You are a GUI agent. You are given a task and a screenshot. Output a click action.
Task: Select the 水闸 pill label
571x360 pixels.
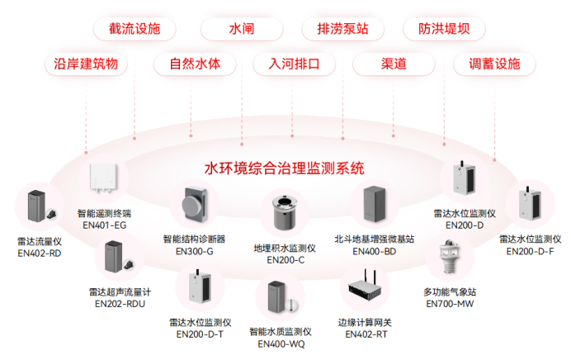pyautogui.click(x=241, y=29)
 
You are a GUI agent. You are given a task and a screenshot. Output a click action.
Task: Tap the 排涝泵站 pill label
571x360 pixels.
pyautogui.click(x=342, y=29)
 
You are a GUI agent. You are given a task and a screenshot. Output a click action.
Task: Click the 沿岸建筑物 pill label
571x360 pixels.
pyautogui.click(x=86, y=64)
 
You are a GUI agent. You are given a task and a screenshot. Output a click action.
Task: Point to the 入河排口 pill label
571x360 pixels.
pyautogui.click(x=293, y=64)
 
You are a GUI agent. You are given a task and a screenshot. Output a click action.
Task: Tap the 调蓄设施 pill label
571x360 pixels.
pyautogui.click(x=494, y=64)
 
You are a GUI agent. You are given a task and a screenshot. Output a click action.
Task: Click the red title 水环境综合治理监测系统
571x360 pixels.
pyautogui.click(x=284, y=168)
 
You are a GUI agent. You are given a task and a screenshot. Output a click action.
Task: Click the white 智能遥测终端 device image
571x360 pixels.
pyautogui.click(x=105, y=177)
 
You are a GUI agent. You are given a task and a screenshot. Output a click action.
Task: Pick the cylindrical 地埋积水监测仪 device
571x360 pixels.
pyautogui.click(x=285, y=213)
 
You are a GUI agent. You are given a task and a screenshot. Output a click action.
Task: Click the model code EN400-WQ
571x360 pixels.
pyautogui.click(x=281, y=344)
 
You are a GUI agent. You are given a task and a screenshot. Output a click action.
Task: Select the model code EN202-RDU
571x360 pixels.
pyautogui.click(x=120, y=303)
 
